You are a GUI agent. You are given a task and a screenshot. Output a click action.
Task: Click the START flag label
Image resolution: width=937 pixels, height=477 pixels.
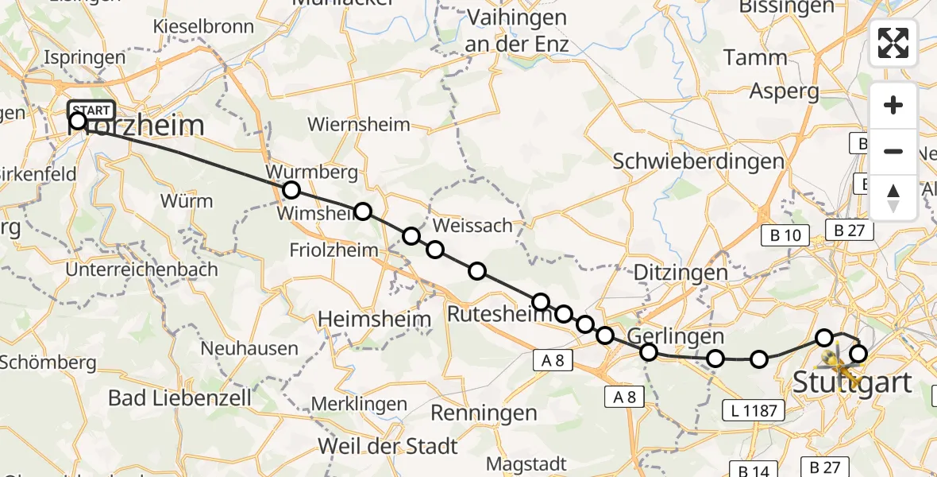click(92, 110)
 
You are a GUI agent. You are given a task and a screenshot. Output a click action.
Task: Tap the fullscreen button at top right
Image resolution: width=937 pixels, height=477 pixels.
click(893, 43)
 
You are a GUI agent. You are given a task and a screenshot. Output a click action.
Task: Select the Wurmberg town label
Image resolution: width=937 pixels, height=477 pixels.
click(312, 173)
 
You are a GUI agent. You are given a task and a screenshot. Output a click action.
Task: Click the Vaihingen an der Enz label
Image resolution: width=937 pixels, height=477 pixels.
click(516, 30)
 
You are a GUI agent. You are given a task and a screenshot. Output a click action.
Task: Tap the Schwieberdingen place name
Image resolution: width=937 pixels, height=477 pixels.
click(699, 161)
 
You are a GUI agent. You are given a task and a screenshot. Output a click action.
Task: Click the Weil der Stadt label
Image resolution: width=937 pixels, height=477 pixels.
click(388, 444)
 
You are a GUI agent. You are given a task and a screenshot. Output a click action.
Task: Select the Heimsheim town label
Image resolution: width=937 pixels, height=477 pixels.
click(374, 320)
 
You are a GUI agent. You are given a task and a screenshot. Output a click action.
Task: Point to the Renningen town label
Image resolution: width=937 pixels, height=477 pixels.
click(484, 413)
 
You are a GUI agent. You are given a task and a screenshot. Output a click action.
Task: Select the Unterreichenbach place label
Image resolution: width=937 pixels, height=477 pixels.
click(141, 270)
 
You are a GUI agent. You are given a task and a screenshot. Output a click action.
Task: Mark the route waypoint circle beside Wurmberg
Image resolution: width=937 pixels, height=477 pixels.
click(291, 190)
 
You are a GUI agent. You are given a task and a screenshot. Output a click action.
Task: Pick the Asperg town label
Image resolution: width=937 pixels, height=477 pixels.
click(785, 91)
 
